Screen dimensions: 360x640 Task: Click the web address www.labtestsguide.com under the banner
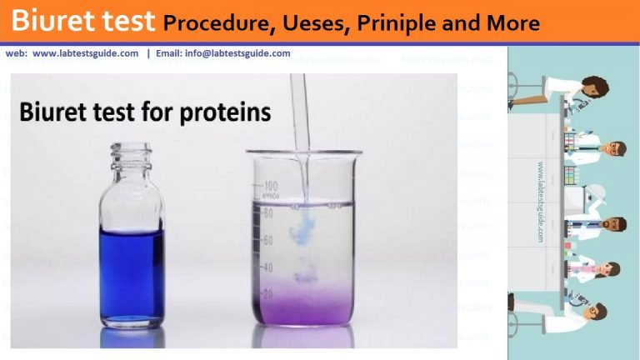85,53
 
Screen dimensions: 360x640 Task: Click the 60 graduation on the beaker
268,240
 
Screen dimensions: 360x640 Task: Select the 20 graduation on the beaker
268,294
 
